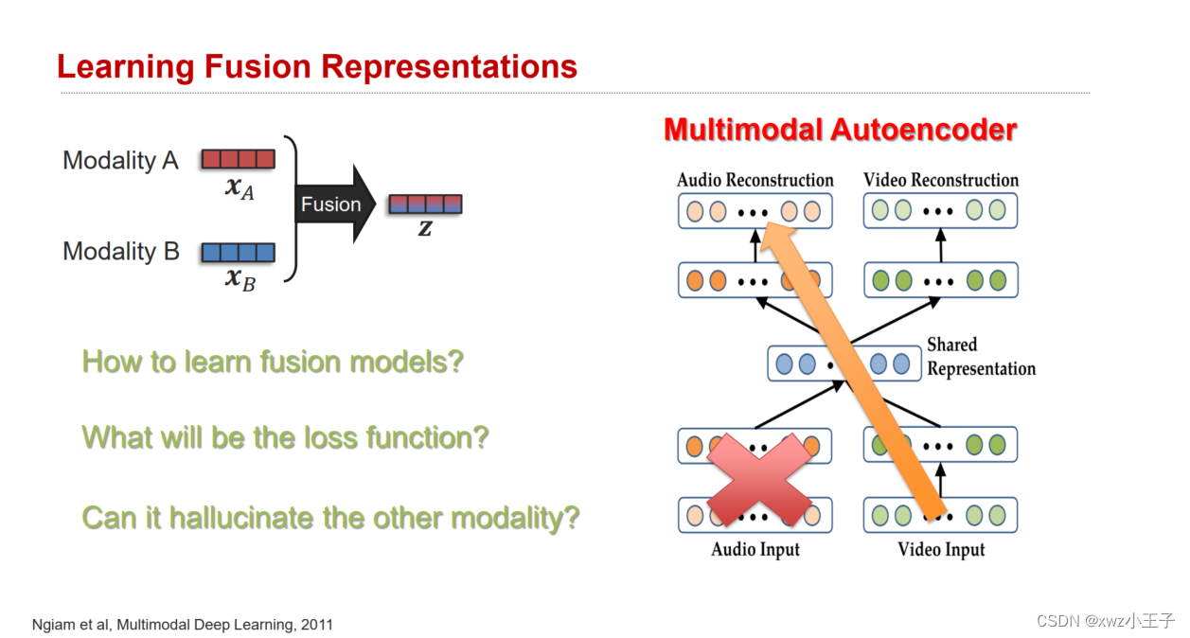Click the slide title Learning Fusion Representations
tap(316, 67)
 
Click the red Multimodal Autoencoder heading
tap(840, 130)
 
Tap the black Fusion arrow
tap(333, 204)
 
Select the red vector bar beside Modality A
tap(238, 159)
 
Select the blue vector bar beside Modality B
tap(238, 253)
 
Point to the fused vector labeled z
tap(425, 204)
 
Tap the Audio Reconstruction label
tap(755, 180)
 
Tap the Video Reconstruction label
tap(940, 180)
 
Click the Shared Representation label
tap(980, 357)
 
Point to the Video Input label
tap(940, 550)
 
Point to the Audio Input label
tap(755, 550)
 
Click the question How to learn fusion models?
tap(273, 362)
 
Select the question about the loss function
tap(285, 438)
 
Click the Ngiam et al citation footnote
tap(182, 625)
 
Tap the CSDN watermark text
tap(1105, 621)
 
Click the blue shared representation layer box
tap(844, 363)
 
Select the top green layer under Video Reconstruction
tap(940, 210)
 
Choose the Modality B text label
tap(120, 252)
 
